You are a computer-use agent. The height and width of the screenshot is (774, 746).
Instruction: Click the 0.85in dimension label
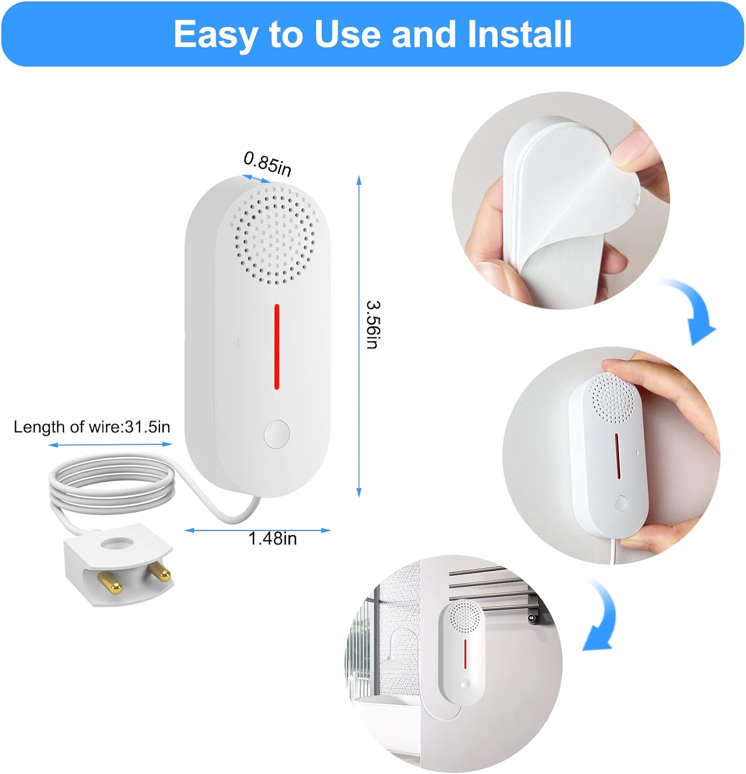pos(267,163)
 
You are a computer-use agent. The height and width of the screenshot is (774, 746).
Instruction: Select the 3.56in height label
pos(372,325)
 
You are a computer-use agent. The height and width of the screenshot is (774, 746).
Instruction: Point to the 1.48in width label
pos(273,539)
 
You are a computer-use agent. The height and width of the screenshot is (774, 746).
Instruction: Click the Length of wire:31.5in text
pos(92,427)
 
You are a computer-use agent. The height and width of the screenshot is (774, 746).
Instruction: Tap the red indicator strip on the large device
pos(277,346)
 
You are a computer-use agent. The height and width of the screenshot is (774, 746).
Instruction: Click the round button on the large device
pos(277,434)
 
